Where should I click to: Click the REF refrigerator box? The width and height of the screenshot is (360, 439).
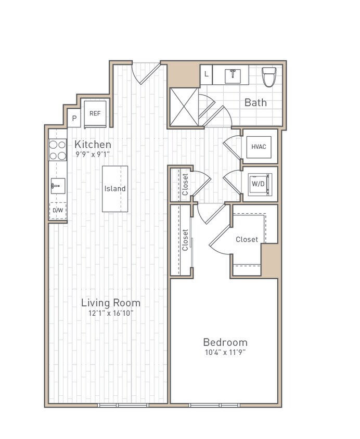[95, 113]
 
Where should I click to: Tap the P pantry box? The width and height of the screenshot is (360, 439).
[74, 119]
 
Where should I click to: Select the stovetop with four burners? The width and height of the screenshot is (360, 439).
[58, 150]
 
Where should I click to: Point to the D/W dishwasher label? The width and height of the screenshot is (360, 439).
[58, 210]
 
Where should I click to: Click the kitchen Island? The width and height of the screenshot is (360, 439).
[115, 189]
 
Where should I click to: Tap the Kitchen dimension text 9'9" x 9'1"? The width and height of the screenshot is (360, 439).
[93, 154]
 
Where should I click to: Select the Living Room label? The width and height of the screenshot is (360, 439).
[110, 303]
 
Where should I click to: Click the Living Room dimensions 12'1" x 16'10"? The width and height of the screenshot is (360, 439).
[111, 313]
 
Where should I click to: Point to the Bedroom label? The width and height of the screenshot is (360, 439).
[225, 342]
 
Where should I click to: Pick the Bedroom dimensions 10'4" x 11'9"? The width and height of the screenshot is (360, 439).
[225, 352]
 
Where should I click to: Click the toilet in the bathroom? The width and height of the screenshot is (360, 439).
[269, 76]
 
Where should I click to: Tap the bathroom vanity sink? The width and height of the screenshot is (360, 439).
[232, 75]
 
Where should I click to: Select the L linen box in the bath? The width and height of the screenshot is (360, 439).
[206, 74]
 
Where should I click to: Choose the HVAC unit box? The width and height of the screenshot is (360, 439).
[259, 147]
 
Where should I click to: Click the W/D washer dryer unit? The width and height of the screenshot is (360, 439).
[259, 184]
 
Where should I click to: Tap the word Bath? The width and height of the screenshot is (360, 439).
[255, 102]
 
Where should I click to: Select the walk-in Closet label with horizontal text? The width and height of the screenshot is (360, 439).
[247, 240]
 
